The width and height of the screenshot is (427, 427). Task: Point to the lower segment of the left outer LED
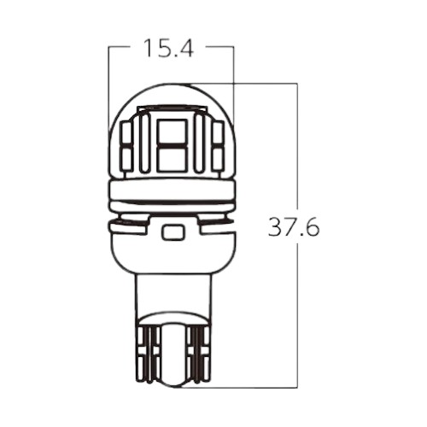click(126, 159)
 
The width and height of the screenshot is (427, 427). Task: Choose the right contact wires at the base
click(197, 354)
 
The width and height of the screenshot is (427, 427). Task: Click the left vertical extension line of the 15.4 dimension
click(108, 85)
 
